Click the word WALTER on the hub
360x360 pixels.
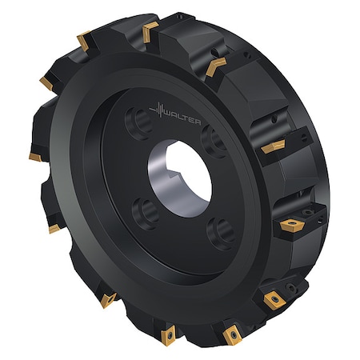182,118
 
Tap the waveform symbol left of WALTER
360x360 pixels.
158,110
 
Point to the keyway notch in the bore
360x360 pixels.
174,174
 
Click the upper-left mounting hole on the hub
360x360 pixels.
139,122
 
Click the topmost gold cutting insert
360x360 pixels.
150,32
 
